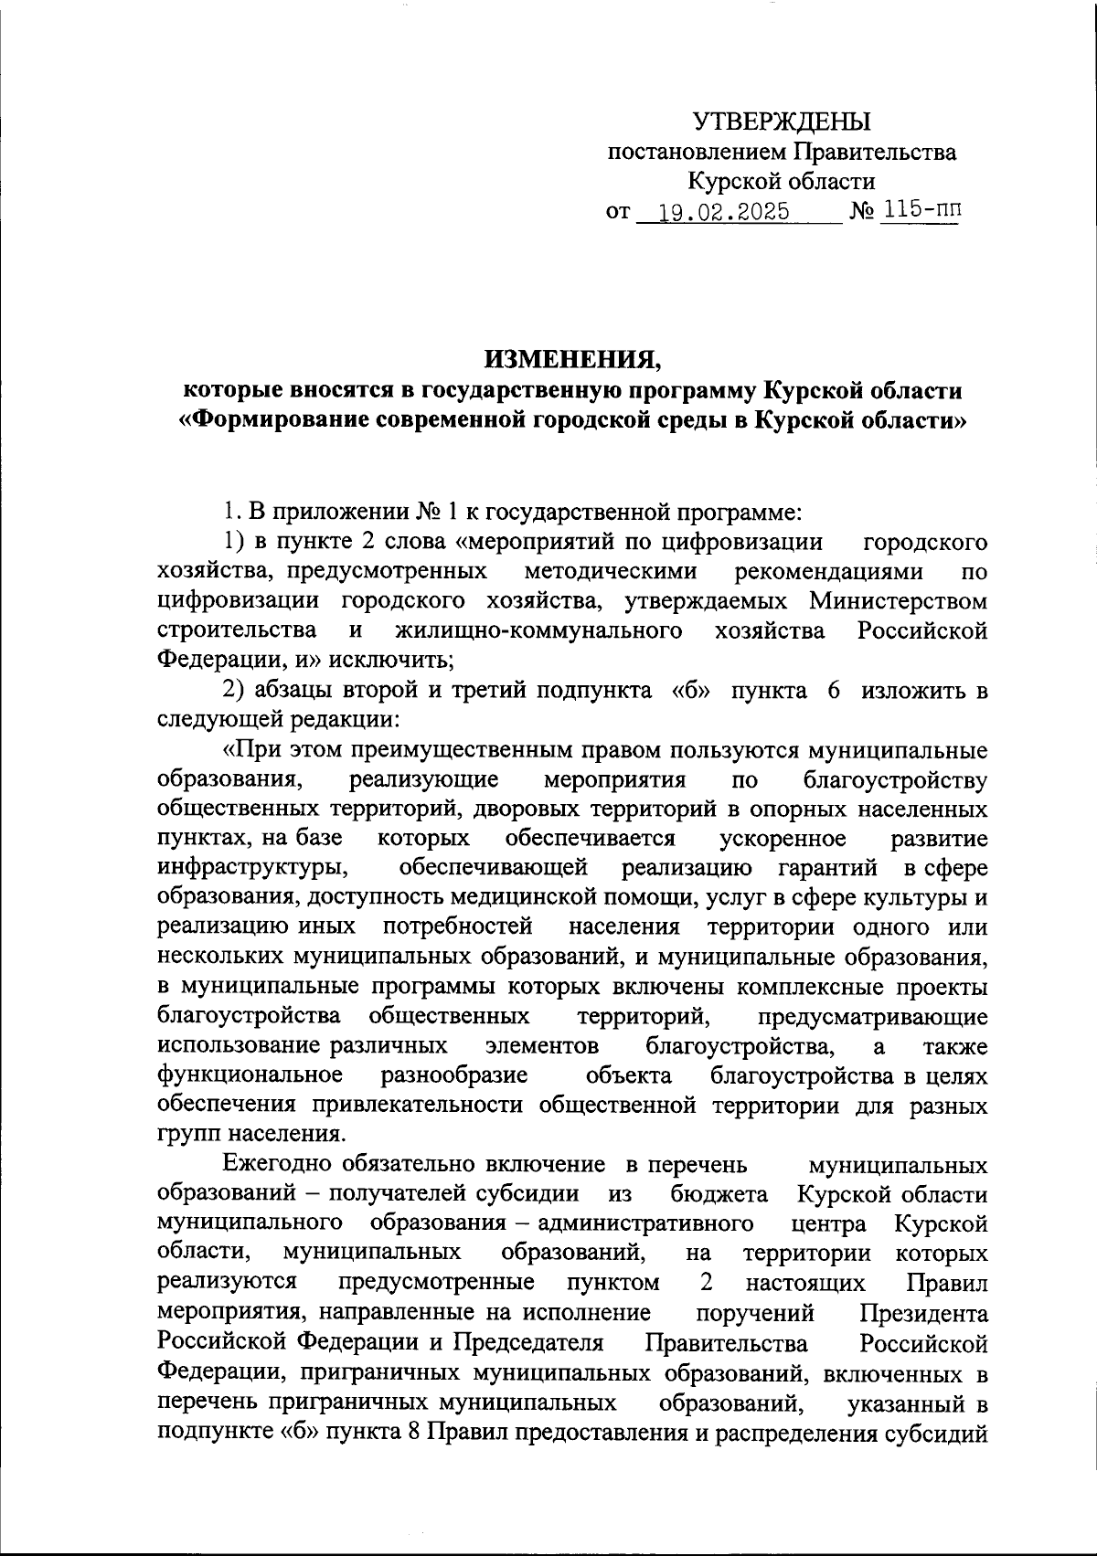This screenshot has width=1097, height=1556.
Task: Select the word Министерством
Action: point(899,601)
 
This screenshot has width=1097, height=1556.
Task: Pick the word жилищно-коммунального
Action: point(539,631)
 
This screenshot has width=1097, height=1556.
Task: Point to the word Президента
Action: point(923,1314)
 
